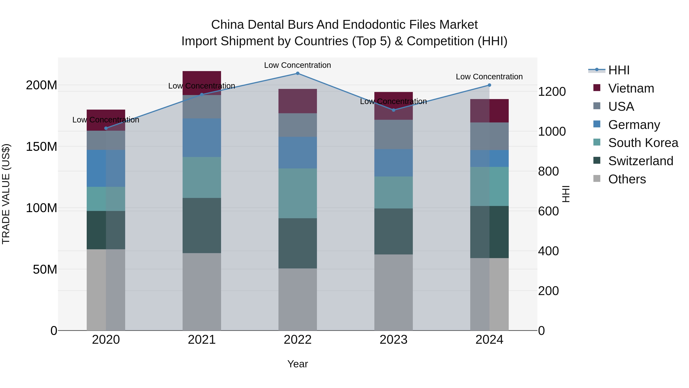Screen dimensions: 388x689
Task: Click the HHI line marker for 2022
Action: click(x=297, y=73)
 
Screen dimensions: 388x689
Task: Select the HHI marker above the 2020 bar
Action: click(x=106, y=128)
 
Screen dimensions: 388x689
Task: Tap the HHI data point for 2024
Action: click(x=489, y=85)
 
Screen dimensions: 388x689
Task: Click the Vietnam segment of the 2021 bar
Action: click(x=202, y=80)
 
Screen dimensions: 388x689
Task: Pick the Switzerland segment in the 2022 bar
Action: click(x=297, y=243)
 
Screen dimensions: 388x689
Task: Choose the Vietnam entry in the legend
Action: click(x=631, y=88)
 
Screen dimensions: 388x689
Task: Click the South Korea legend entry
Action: click(x=643, y=143)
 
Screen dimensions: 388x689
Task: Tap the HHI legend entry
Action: click(x=619, y=70)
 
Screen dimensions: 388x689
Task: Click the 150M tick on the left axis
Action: click(x=42, y=147)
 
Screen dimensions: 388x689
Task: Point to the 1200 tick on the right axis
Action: click(x=552, y=92)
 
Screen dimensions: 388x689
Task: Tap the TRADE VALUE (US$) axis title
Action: click(x=6, y=194)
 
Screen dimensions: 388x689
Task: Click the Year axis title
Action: click(x=297, y=364)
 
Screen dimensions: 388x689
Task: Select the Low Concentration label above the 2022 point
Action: click(x=297, y=65)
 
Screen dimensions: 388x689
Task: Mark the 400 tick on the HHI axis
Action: click(x=548, y=251)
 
